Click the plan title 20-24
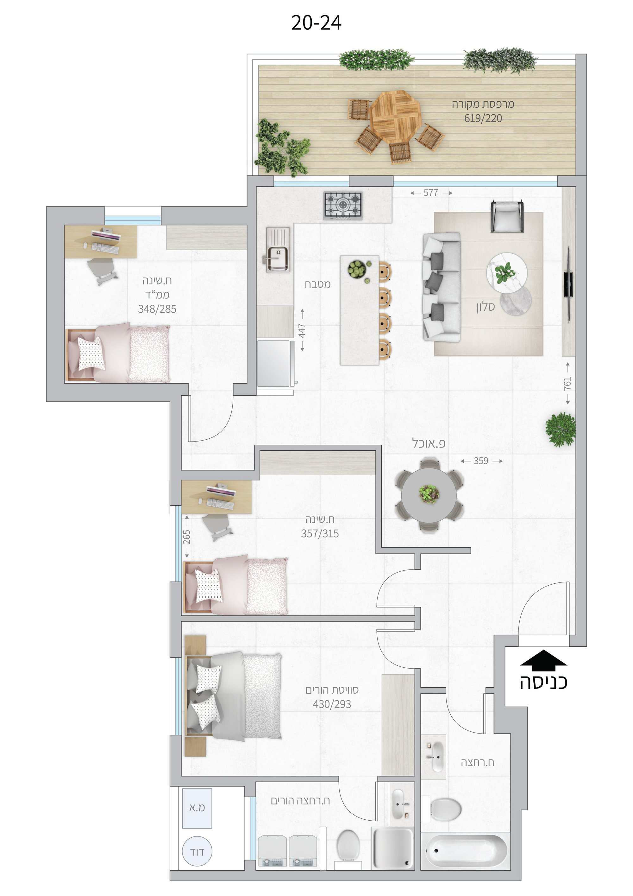(316, 23)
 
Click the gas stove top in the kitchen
(343, 206)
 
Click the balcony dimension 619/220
(483, 118)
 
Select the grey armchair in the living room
(507, 216)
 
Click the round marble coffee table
(507, 272)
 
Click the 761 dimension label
(567, 383)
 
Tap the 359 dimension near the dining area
(481, 461)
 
